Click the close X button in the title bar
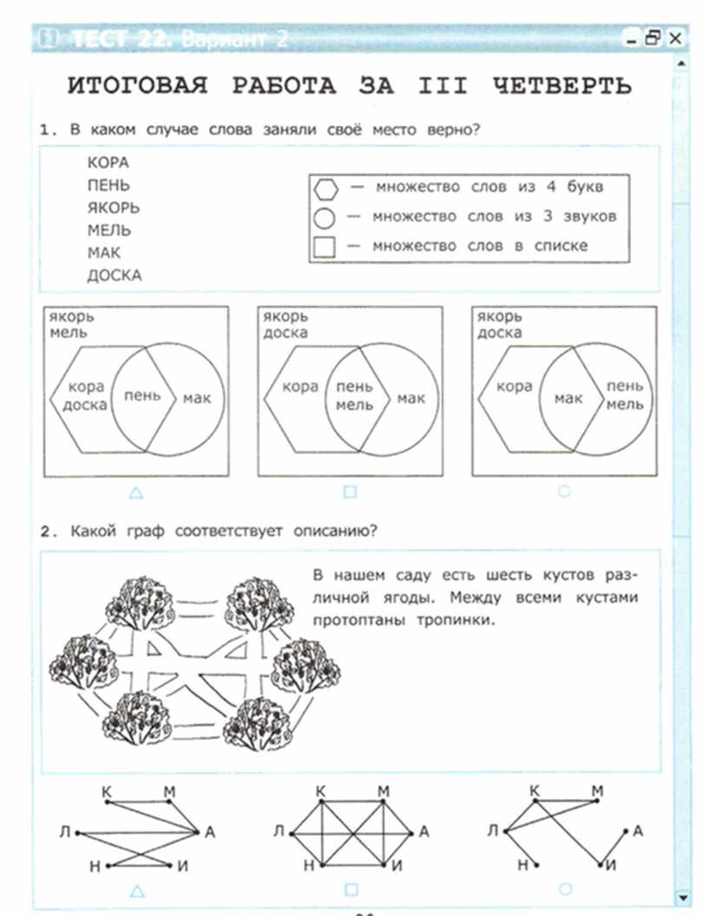point(675,38)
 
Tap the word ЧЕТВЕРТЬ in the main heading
point(562,87)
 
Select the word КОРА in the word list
point(108,162)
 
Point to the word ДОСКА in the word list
point(114,275)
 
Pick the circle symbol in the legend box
point(324,217)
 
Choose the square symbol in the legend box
point(324,247)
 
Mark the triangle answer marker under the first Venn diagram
point(136,493)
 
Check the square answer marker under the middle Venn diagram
point(350,492)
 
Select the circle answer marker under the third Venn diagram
point(564,491)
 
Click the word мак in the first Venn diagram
point(196,399)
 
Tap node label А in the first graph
point(209,832)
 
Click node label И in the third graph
point(612,866)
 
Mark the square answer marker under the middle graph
point(351,889)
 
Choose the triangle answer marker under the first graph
point(136,890)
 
